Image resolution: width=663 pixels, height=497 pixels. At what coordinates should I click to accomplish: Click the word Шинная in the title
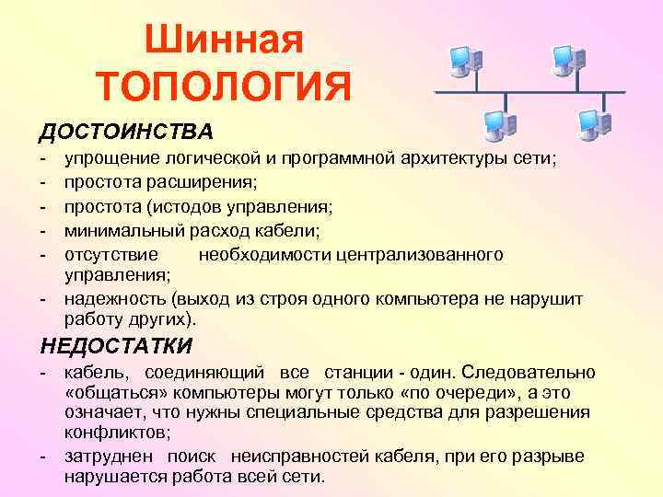(225, 39)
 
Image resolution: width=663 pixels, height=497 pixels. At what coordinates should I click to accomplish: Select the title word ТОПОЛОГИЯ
(226, 89)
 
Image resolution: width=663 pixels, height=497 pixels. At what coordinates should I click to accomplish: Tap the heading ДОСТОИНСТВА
(125, 132)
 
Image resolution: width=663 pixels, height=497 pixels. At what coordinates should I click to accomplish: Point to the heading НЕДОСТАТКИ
(116, 346)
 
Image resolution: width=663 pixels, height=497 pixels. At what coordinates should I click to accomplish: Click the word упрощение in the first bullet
(109, 160)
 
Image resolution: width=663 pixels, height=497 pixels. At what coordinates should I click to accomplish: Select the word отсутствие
(110, 252)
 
